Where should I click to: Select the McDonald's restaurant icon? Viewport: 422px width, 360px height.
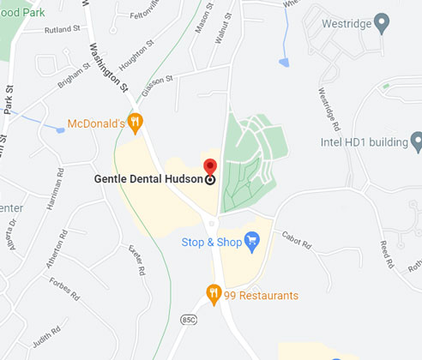(135, 122)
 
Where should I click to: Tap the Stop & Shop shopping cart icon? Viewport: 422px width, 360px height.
(252, 242)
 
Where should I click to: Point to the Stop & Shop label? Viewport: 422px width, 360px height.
(211, 242)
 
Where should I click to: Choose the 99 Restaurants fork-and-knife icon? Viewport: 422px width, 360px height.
(214, 295)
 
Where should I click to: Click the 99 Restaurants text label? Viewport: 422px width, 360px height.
(262, 296)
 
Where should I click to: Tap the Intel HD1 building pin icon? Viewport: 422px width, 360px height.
(416, 140)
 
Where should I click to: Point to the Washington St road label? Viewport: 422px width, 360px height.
(108, 63)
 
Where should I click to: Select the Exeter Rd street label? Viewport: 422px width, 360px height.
(136, 254)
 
